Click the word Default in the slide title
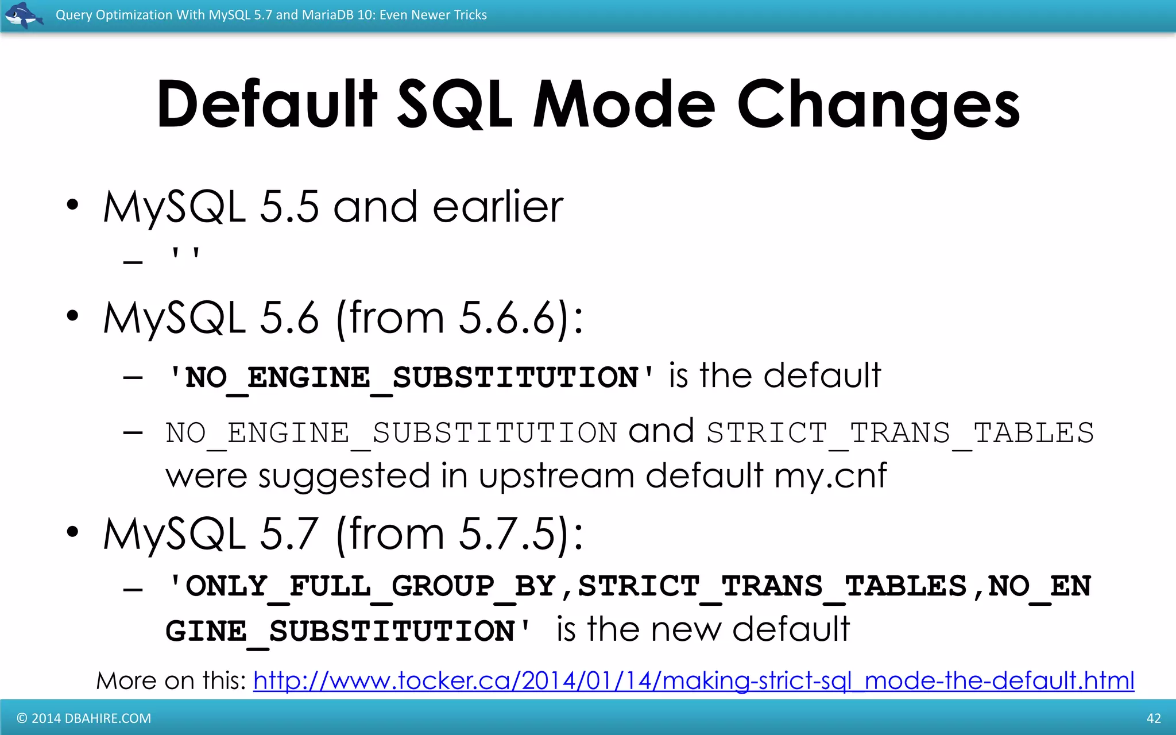266,105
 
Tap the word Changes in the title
878,106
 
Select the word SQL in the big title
454,105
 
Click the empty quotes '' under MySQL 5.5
185,254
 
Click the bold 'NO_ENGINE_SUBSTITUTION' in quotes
411,378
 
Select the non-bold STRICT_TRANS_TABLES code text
900,433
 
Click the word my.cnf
830,475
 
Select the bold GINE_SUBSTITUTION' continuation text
348,631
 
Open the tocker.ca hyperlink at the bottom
693,681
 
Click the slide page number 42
1153,718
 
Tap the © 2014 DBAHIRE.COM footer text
84,718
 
